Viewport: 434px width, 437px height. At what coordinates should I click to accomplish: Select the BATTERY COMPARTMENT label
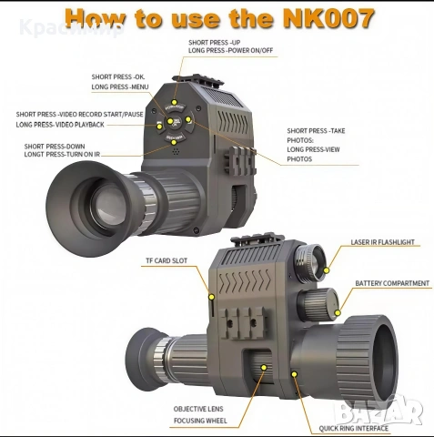[392, 283]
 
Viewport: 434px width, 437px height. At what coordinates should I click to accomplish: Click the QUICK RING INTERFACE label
[354, 427]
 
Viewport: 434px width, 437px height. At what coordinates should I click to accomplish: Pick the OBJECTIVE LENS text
[200, 409]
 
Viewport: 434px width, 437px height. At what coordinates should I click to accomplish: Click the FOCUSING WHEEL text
[200, 422]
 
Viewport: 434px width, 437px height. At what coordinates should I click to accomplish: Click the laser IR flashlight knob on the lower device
[312, 259]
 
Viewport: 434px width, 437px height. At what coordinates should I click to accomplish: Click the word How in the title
[100, 19]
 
